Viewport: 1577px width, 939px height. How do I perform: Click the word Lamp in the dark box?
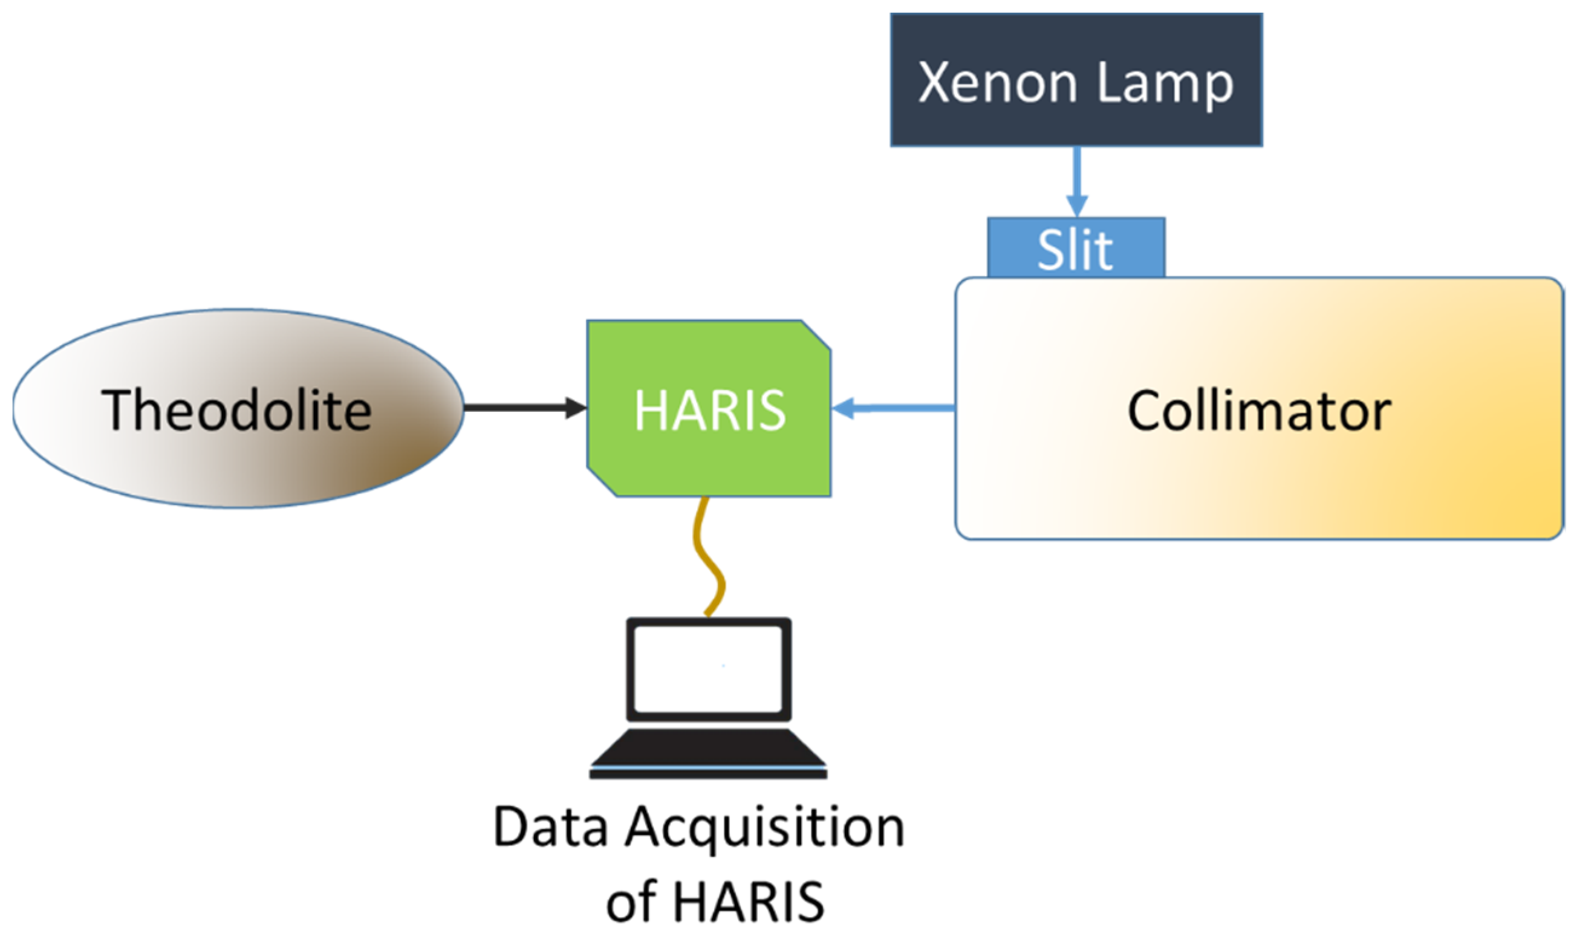point(1165,83)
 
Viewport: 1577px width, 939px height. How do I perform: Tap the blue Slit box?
point(1076,249)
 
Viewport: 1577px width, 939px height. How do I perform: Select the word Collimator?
point(1260,411)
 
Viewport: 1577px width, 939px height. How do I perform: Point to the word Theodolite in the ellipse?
point(236,411)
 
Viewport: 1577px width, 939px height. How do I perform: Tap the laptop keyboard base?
point(708,753)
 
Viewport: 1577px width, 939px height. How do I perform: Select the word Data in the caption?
point(550,828)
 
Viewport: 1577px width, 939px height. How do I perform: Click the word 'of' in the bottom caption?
point(632,902)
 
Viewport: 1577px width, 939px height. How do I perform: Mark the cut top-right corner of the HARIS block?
point(817,335)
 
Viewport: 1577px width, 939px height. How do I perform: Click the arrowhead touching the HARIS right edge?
point(843,408)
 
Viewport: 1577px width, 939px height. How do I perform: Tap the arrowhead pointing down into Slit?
point(1076,206)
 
